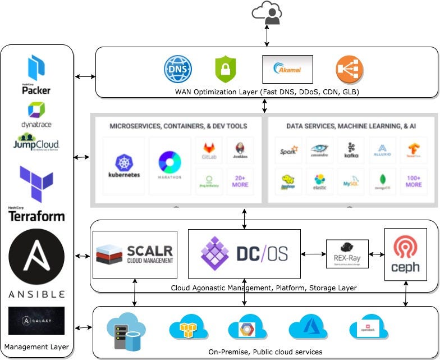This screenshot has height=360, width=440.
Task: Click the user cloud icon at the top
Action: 267,13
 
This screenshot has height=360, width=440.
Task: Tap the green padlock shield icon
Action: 226,70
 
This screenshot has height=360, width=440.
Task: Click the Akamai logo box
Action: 287,69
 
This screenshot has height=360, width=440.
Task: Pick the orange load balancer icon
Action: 349,70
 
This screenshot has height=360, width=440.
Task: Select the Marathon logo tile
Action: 169,166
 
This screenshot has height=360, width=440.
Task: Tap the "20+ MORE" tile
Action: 240,181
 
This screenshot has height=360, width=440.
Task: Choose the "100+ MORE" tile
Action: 414,181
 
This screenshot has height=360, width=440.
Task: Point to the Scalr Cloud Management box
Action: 135,254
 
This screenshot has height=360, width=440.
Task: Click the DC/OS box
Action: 244,254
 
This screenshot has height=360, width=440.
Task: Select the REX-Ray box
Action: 347,254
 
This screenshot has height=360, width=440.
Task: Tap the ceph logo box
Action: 405,254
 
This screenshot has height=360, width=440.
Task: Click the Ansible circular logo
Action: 37,259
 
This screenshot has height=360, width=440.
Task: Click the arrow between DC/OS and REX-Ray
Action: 313,254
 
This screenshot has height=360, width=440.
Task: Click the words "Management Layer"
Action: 36,347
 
